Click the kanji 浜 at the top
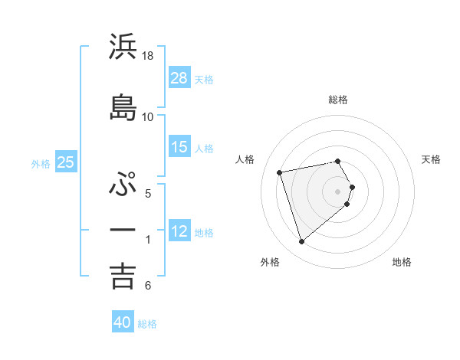tap(123, 47)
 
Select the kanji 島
tap(123, 107)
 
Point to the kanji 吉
tap(123, 276)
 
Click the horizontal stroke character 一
tap(123, 229)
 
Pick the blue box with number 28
tap(179, 78)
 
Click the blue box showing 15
tap(179, 147)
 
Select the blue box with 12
tap(179, 231)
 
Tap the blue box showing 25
tap(65, 162)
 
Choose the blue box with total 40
tap(123, 322)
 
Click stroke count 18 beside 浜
tap(148, 56)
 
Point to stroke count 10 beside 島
tap(148, 116)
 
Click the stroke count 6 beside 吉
tap(148, 286)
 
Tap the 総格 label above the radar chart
tap(338, 100)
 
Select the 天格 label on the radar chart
tap(431, 159)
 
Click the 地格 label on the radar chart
tap(402, 262)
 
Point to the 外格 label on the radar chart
tap(270, 262)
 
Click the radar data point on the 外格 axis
tap(301, 242)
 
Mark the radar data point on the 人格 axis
tap(280, 172)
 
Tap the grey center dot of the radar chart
tap(338, 191)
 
